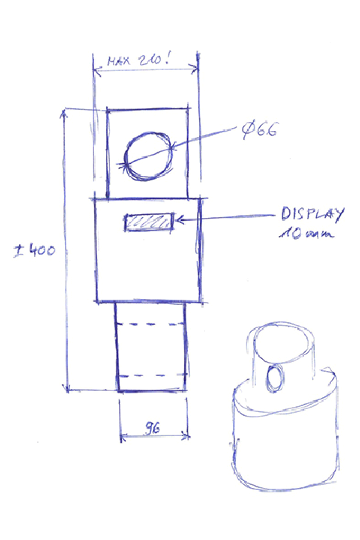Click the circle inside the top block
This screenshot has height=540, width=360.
[x=147, y=156]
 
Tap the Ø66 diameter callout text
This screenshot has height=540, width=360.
[x=259, y=130]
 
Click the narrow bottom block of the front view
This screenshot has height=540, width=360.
[x=151, y=349]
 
